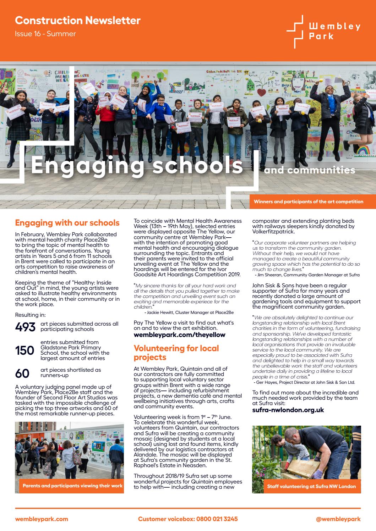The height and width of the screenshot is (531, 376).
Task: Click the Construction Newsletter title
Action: (x=78, y=21)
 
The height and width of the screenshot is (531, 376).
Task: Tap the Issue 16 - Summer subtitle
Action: (x=45, y=34)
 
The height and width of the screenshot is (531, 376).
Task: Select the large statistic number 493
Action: (x=25, y=327)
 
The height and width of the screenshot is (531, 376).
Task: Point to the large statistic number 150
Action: (x=24, y=350)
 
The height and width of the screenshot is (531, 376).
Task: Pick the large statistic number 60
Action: (x=22, y=373)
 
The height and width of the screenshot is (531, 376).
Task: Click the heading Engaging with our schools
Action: (x=67, y=223)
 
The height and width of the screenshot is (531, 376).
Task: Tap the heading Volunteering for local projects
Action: (x=176, y=353)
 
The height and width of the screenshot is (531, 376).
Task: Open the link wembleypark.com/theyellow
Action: (x=179, y=334)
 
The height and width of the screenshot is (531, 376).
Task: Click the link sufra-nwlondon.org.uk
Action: (x=288, y=410)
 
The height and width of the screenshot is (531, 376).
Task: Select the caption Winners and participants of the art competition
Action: (x=308, y=201)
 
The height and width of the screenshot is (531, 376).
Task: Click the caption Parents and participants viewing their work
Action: (x=72, y=486)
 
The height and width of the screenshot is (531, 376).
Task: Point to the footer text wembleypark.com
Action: (x=42, y=519)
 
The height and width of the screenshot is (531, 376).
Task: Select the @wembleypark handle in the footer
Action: (x=338, y=519)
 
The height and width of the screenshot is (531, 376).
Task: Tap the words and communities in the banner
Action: (x=309, y=170)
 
